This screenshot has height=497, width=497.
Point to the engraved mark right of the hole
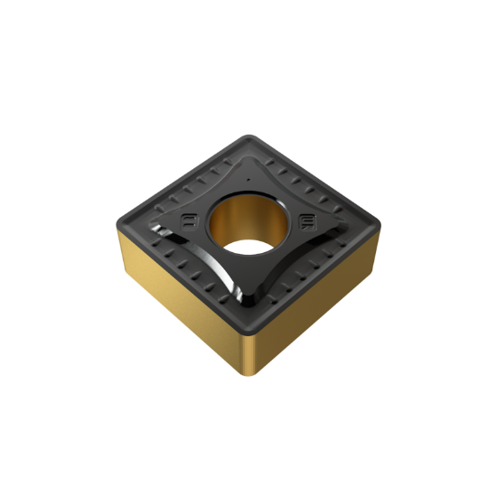click(308, 220)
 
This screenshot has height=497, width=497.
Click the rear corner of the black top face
click(254, 137)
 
